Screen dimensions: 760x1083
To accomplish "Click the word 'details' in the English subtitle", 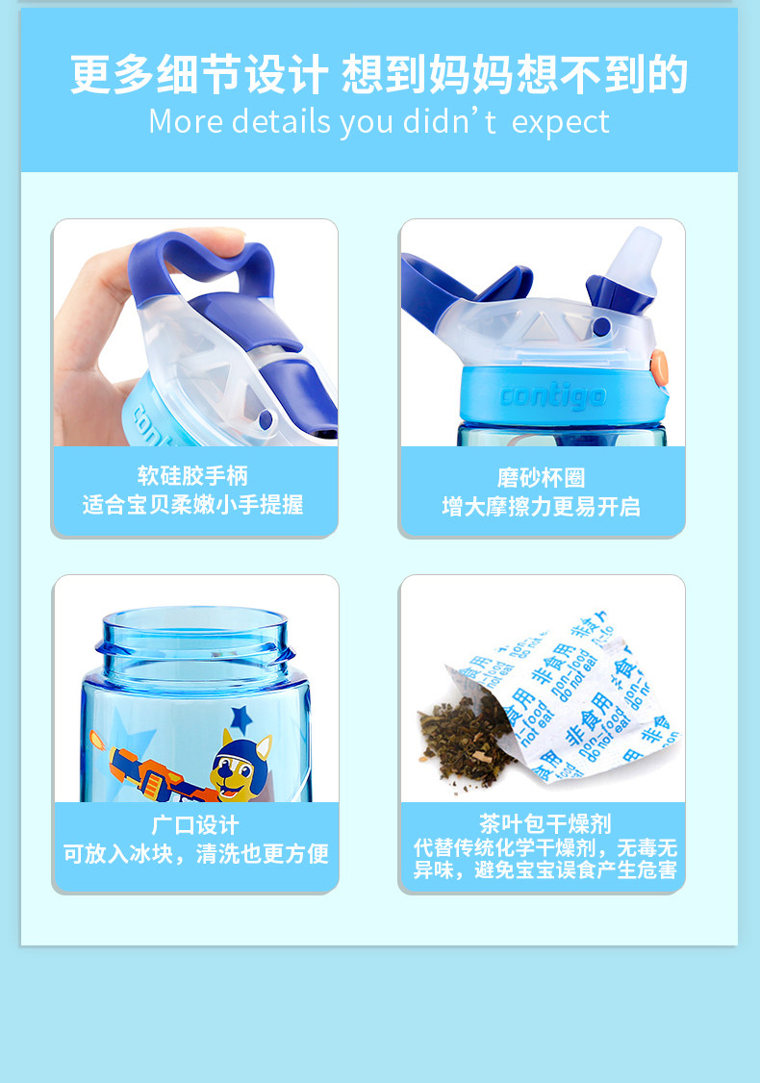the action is (281, 121).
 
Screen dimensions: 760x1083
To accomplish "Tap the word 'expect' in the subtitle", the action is (560, 123).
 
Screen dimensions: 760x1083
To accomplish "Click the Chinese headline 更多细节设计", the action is (199, 75).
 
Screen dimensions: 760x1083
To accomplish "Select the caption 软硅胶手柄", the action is (192, 475).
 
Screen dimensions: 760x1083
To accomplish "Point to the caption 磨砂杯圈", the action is (541, 477).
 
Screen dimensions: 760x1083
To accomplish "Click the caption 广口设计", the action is (195, 824).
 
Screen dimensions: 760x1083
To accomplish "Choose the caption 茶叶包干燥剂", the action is (545, 823).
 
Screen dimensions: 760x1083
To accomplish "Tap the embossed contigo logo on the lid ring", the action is (553, 396).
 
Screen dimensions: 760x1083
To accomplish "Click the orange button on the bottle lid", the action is (660, 366).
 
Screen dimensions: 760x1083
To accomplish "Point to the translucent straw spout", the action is (634, 256).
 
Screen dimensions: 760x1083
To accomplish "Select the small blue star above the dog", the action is (241, 719).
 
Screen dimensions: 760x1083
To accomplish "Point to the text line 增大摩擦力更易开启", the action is (541, 506).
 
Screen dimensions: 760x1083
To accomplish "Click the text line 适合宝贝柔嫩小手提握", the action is (192, 504).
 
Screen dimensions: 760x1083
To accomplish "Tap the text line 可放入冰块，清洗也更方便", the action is (195, 854).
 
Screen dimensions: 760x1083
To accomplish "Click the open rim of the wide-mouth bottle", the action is (195, 620).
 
